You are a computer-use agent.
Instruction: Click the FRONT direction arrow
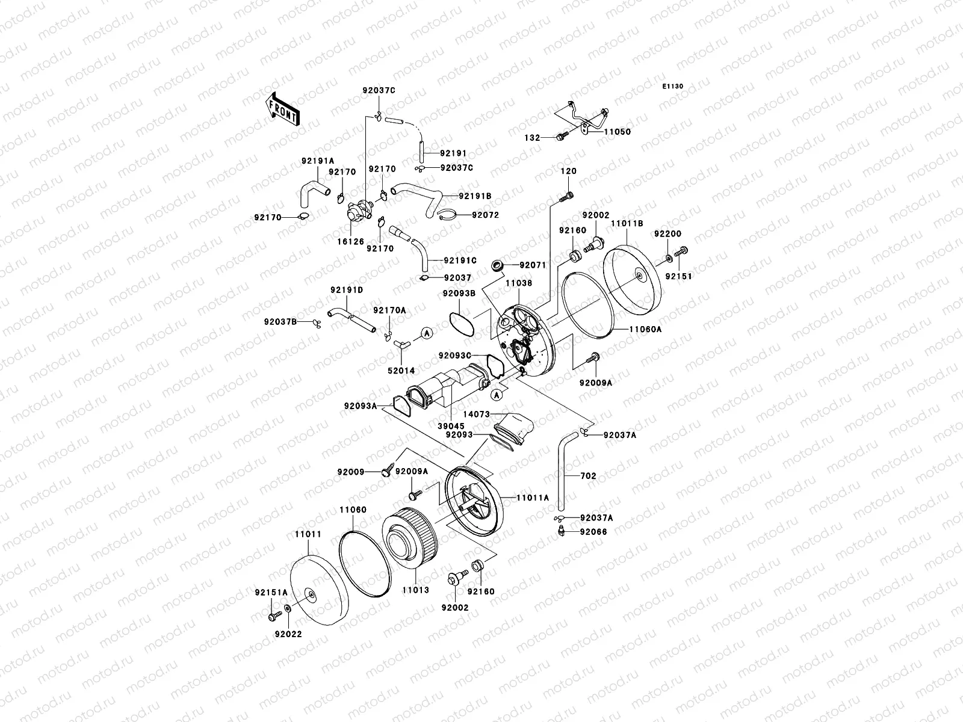[281, 109]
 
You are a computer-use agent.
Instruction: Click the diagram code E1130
[673, 87]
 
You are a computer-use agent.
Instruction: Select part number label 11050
[617, 132]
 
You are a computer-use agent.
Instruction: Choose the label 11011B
[627, 223]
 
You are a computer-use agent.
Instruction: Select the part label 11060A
[646, 329]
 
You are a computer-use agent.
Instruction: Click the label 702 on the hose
[588, 475]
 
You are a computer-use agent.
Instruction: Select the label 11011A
[533, 498]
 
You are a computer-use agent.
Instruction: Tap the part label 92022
[289, 634]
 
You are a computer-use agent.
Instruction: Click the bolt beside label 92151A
[273, 617]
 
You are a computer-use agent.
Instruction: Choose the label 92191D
[346, 290]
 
